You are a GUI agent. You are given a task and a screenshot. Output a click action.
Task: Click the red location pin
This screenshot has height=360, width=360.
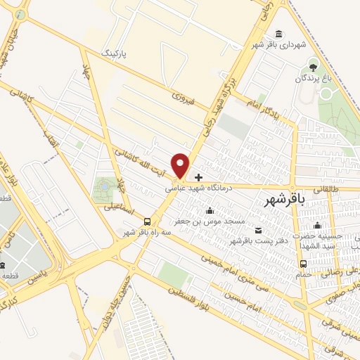pyautogui.click(x=181, y=165)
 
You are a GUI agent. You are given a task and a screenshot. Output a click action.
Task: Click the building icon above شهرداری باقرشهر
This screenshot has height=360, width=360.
pyautogui.click(x=280, y=34)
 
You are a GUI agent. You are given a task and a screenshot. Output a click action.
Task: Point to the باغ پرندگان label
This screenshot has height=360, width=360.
pyautogui.click(x=313, y=79)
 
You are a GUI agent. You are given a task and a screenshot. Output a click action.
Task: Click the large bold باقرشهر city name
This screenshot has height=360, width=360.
pyautogui.click(x=285, y=200)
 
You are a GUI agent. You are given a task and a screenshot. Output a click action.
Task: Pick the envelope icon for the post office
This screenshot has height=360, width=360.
pyautogui.click(x=256, y=230)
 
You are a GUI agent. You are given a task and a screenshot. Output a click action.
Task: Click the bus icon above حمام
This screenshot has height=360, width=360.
pyautogui.click(x=303, y=264)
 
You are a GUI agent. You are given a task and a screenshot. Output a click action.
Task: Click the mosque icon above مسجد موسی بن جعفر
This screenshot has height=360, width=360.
pyautogui.click(x=209, y=210)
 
